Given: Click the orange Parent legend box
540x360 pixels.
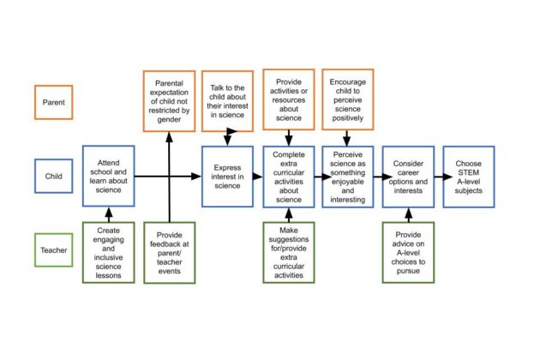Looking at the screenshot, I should (x=58, y=102).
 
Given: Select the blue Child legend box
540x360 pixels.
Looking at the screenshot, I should (x=58, y=177).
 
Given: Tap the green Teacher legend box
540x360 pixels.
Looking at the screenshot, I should (x=58, y=251).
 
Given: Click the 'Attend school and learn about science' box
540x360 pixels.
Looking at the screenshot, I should (x=108, y=177).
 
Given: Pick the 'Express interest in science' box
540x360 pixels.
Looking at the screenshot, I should (x=227, y=177).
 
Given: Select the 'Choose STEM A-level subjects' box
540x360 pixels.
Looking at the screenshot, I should (x=468, y=177).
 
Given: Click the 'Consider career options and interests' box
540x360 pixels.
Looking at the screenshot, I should (x=408, y=177).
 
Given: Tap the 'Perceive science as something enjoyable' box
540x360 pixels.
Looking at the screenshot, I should (x=348, y=177).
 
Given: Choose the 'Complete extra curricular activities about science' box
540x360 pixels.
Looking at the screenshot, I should (x=288, y=177).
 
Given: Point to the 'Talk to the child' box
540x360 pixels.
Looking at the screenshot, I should (x=227, y=102).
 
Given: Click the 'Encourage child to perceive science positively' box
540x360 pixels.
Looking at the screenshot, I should (x=348, y=102).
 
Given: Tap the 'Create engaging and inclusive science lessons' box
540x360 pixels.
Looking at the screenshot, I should (x=108, y=252).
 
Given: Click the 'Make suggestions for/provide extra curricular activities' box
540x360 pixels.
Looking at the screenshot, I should (x=288, y=252).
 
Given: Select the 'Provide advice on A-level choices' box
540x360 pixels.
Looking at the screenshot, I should (x=408, y=252).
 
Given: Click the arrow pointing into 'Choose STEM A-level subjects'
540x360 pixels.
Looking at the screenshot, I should (x=437, y=177).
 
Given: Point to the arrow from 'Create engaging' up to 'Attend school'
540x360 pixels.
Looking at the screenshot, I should (x=108, y=214).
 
